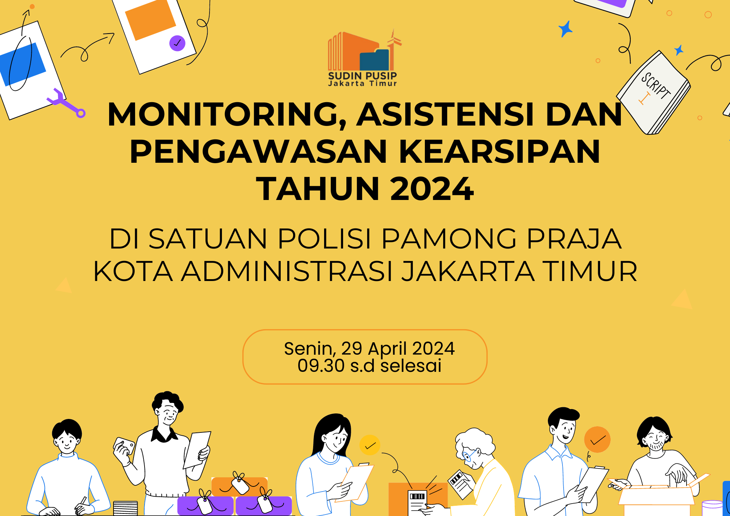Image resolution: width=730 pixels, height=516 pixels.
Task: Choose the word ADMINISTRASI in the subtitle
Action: [x=287, y=272]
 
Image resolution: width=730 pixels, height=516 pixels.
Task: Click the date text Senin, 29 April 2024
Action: [x=369, y=349]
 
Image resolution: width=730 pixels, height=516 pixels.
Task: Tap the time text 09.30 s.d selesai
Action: [x=369, y=366]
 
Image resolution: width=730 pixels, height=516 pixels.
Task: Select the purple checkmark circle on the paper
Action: [x=177, y=43]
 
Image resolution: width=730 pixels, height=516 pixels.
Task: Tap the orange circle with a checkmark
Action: [x=597, y=440]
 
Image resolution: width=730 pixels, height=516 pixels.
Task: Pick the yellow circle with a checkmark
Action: [x=370, y=445]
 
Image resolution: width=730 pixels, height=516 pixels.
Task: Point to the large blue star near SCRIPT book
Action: [x=565, y=29]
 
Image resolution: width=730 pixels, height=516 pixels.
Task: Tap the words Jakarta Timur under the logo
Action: [x=362, y=84]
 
